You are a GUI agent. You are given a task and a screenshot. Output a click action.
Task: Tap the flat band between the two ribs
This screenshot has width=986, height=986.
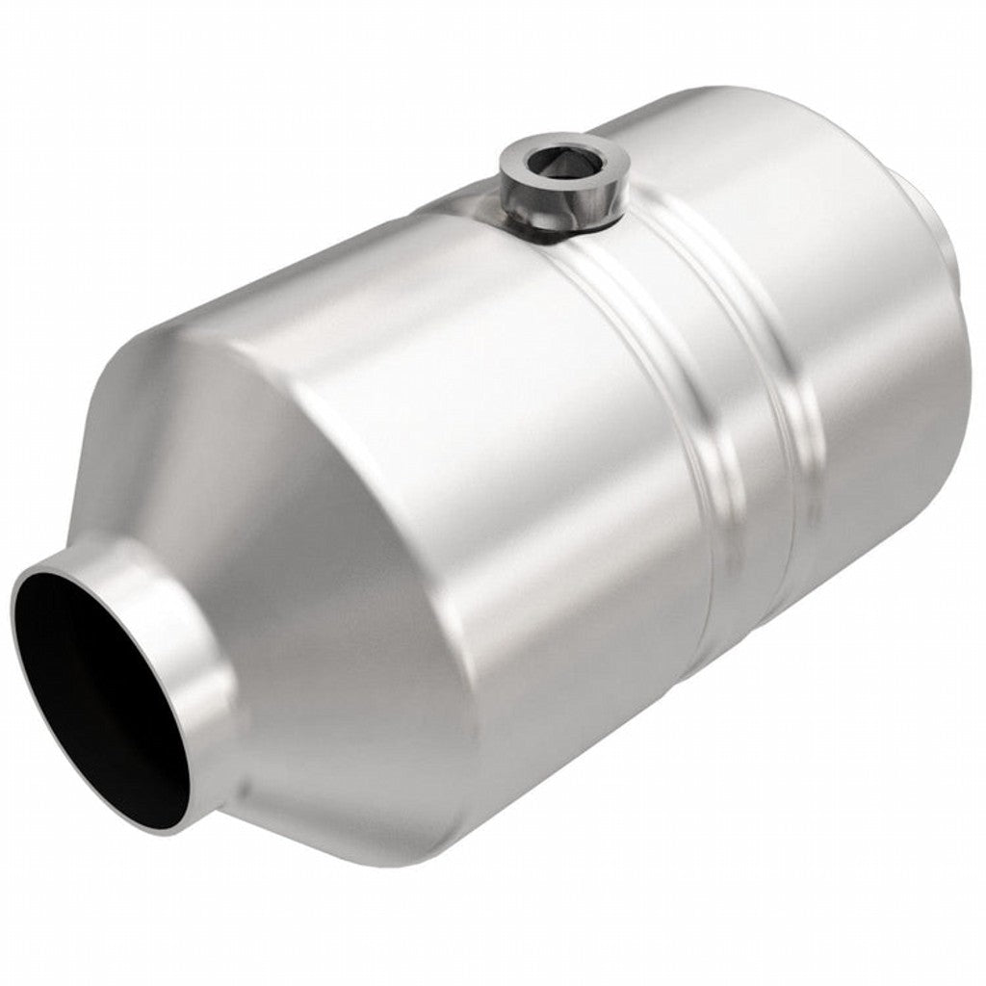(x=713, y=404)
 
